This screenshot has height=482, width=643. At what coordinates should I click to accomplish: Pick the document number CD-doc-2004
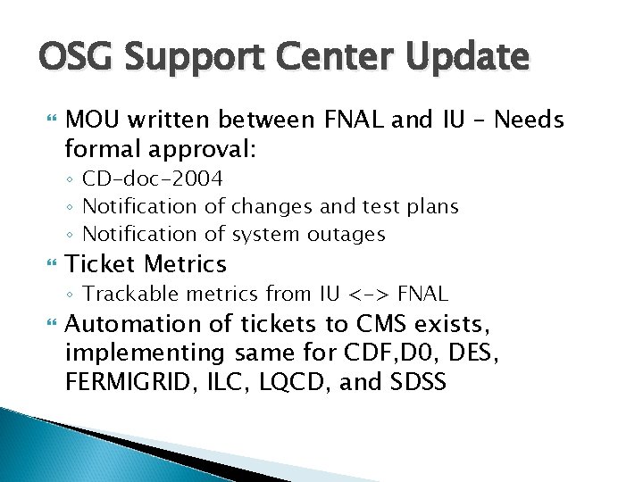point(153,179)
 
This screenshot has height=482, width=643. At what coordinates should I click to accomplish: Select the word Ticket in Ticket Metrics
point(102,264)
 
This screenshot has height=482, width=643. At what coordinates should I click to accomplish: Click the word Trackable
point(124,294)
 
